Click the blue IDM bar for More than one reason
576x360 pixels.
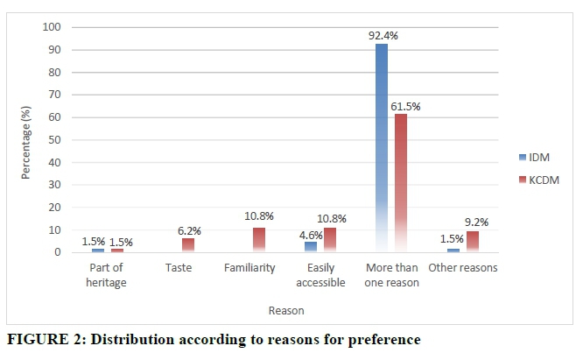point(382,149)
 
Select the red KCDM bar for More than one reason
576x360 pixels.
point(400,183)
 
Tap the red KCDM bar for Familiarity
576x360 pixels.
point(258,240)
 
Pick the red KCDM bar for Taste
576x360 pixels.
point(187,245)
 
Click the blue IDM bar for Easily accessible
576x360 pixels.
point(311,247)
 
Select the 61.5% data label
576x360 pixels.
point(405,106)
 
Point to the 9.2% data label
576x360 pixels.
point(475,223)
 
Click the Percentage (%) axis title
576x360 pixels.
point(26,140)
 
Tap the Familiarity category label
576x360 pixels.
point(250,268)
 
